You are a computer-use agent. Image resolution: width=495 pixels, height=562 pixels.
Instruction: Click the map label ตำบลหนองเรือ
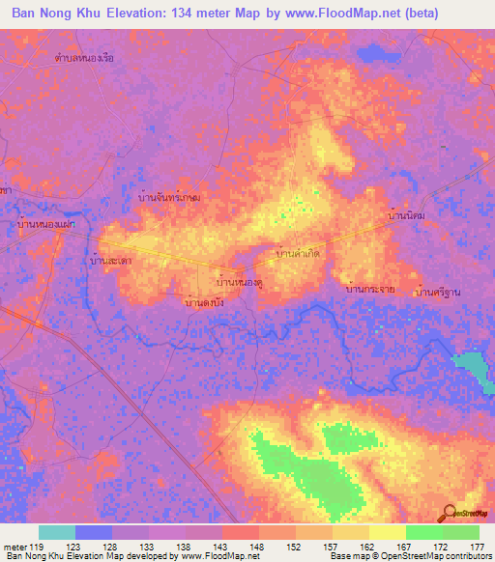tap(85, 58)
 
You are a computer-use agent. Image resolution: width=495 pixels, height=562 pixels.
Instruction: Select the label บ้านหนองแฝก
tap(46, 224)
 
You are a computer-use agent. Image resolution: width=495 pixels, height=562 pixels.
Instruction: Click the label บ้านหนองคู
tap(240, 283)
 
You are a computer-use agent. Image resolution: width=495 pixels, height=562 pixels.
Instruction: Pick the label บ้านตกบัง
tap(205, 303)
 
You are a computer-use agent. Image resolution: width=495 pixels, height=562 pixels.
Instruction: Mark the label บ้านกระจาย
tap(367, 289)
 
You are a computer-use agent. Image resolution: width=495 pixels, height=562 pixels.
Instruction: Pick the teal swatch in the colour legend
tap(57, 532)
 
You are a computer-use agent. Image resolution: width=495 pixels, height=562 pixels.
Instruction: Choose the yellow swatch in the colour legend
tap(388, 532)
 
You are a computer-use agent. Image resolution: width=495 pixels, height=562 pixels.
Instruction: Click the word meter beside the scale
tap(15, 547)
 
